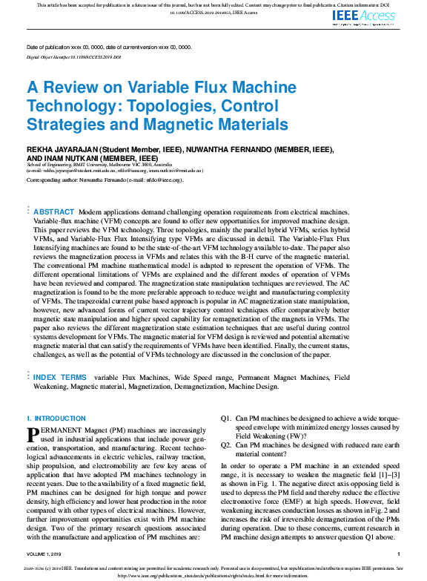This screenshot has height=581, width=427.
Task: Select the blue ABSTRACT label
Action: [54, 212]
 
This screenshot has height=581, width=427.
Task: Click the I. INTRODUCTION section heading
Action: [56, 419]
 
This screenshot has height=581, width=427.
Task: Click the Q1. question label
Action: [226, 419]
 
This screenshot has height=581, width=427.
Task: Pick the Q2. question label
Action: [226, 446]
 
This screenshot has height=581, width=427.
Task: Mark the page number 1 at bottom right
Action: [399, 554]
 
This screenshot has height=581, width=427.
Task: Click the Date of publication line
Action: [108, 47]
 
